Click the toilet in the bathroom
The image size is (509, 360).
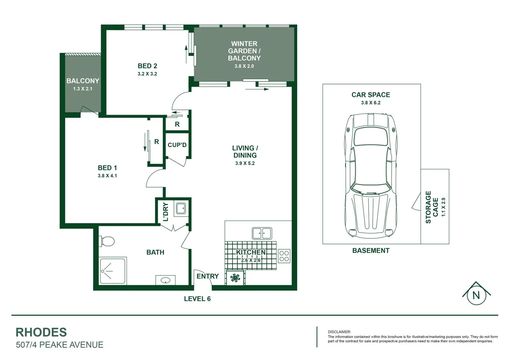(107, 241)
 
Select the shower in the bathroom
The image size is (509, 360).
(113, 270)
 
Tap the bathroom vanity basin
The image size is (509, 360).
(165, 280)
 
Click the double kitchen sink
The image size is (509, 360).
(262, 233)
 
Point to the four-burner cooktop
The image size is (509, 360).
(284, 256)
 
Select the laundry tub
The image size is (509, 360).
(181, 209)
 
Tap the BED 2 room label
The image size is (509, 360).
(147, 66)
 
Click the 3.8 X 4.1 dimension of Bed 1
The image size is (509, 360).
(107, 176)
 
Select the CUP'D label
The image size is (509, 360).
(177, 145)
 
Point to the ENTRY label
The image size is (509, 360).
(208, 276)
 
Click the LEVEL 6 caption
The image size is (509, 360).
(197, 299)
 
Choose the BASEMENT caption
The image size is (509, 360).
(371, 251)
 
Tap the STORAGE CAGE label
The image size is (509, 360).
(431, 207)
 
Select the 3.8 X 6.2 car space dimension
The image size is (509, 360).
(370, 103)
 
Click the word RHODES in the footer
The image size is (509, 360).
(41, 332)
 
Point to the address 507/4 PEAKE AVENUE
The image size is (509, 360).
(60, 345)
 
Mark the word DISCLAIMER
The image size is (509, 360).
(339, 332)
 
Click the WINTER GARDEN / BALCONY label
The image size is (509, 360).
(244, 51)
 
